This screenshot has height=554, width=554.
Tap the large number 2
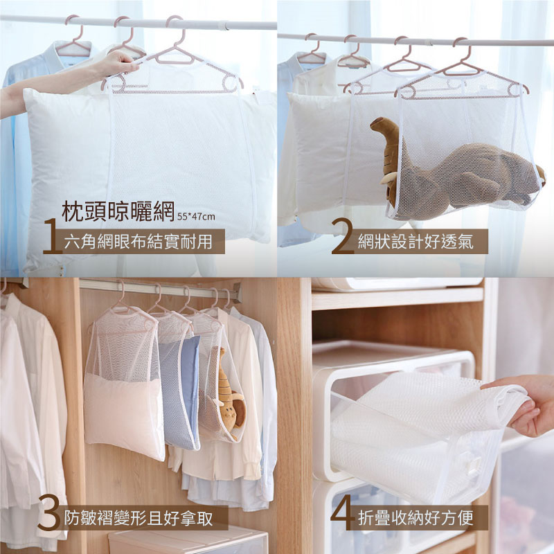[x=342, y=236]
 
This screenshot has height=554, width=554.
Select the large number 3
[x=48, y=512]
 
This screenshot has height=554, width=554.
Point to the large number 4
[x=342, y=512]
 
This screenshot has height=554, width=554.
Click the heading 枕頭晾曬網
[x=118, y=211]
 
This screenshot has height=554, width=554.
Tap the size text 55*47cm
[x=196, y=216]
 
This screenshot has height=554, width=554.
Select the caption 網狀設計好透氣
[x=415, y=242]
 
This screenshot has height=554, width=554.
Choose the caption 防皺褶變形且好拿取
[x=138, y=518]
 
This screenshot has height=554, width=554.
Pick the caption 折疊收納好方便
[x=415, y=518]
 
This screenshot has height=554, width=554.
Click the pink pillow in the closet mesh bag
[x=124, y=416]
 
